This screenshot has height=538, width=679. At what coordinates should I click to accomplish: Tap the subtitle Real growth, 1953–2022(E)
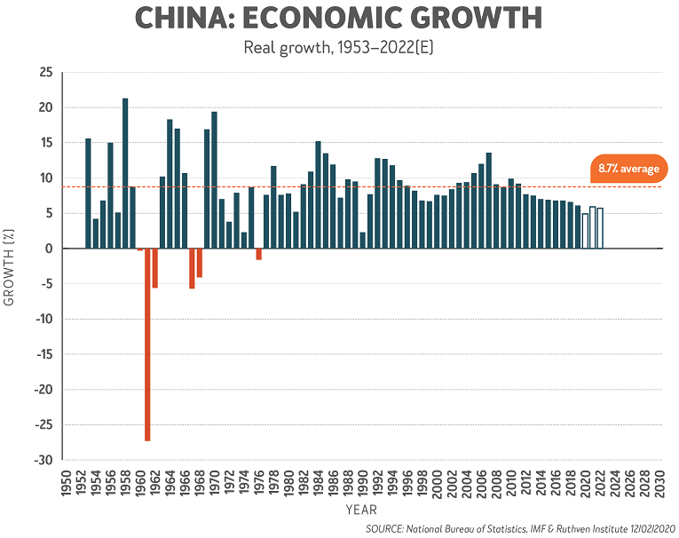338,47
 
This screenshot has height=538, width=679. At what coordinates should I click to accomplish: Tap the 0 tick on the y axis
50,249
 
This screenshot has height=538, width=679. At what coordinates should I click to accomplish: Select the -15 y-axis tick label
43,354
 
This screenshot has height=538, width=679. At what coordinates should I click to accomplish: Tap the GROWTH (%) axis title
11,265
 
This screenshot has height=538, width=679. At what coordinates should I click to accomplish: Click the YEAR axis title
361,510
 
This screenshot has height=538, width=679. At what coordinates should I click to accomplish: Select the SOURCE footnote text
521,528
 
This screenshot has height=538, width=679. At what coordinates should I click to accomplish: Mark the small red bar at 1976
258,254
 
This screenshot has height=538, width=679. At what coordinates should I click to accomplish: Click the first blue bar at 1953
88,194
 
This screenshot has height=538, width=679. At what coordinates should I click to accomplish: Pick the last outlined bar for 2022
600,228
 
